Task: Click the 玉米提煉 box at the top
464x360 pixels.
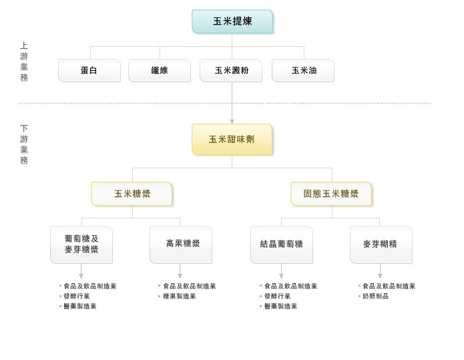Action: click(232, 21)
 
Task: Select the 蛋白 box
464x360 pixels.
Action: click(89, 70)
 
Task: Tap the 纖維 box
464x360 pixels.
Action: click(160, 70)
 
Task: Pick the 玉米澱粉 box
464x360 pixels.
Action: click(231, 70)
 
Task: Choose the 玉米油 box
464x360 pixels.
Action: click(303, 70)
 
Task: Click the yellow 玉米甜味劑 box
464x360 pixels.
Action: click(232, 140)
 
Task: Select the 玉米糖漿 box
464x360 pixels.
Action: click(132, 194)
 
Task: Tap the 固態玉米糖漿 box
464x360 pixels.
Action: click(331, 194)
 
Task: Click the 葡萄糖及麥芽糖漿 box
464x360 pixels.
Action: click(81, 244)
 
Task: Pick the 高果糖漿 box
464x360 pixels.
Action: click(181, 244)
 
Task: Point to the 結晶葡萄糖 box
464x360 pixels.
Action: click(282, 244)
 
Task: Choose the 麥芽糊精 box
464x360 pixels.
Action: click(381, 244)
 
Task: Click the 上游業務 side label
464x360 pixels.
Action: click(24, 61)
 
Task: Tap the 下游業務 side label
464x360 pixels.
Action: click(24, 144)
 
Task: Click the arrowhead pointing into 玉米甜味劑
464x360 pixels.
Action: click(232, 122)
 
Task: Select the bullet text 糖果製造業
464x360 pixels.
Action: click(180, 296)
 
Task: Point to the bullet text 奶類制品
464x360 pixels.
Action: click(375, 296)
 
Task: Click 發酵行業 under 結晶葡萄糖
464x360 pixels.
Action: click(277, 296)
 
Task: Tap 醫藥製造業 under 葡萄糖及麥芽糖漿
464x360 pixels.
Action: click(80, 306)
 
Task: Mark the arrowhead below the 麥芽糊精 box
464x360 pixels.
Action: click(381, 276)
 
